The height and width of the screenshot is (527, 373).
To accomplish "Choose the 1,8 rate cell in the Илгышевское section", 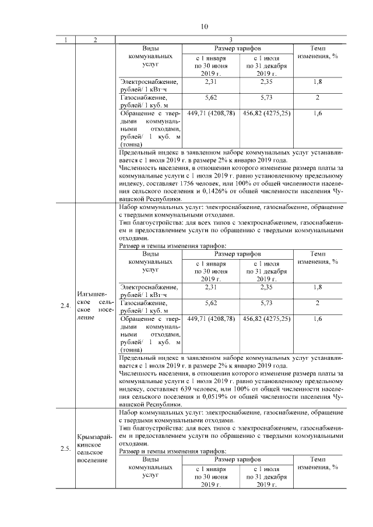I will pos(318,287).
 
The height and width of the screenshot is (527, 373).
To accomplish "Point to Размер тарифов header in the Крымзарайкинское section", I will pos(237,459).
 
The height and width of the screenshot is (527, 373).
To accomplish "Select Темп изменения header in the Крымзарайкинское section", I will pos(318,464).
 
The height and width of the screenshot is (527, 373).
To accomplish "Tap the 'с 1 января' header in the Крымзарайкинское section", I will pos(211,469).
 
